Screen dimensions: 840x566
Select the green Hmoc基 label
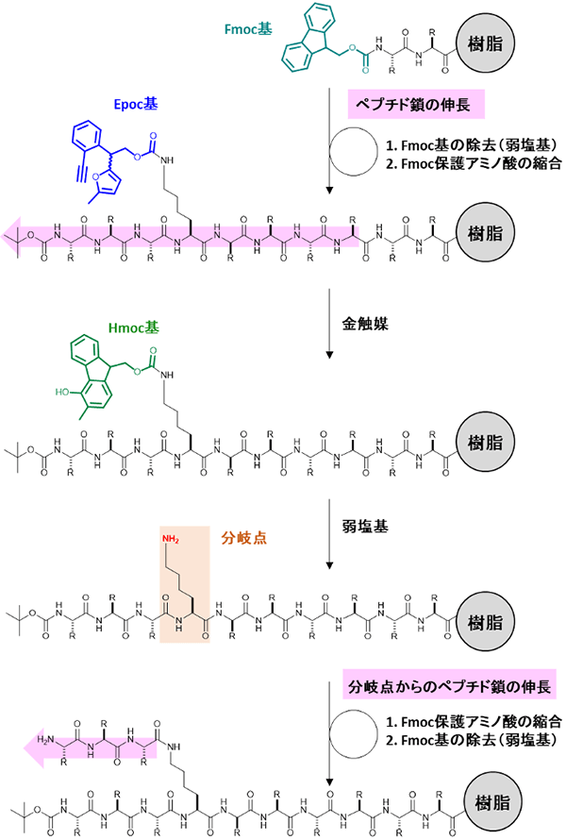134,327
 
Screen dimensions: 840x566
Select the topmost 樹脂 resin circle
479,41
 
